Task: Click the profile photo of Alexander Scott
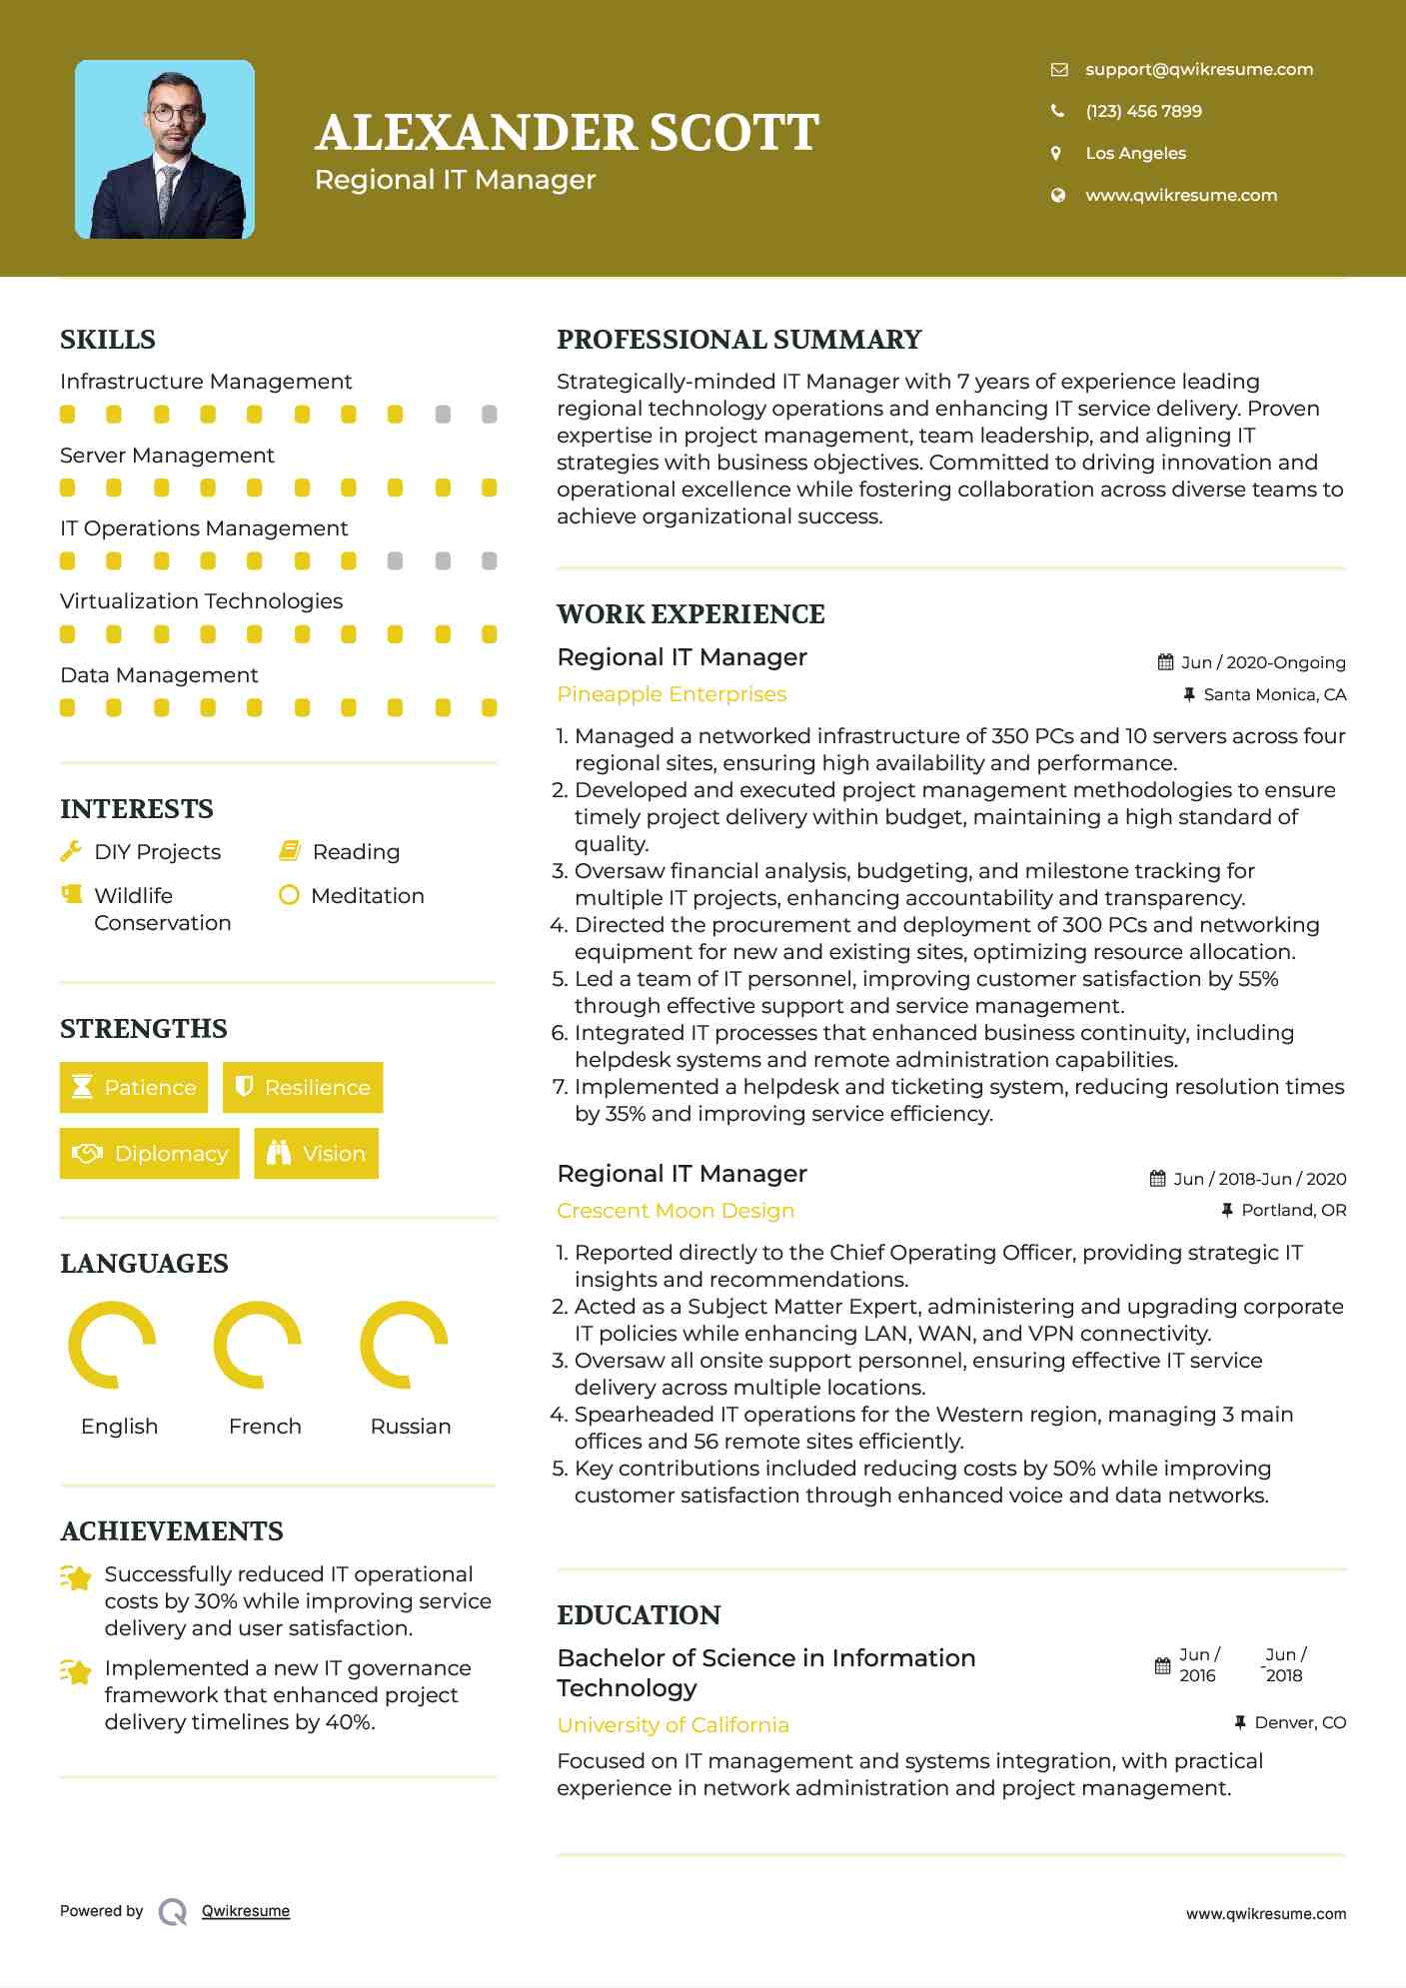click(x=165, y=150)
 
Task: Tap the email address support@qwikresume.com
click(x=1198, y=69)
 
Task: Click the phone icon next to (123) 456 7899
click(x=1057, y=111)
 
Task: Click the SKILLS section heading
click(x=108, y=340)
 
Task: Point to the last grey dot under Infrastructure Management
click(x=489, y=415)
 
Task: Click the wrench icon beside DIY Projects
click(x=70, y=852)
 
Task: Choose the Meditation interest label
click(x=367, y=896)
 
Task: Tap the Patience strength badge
click(x=134, y=1087)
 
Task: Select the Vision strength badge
click(x=316, y=1153)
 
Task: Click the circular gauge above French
click(x=258, y=1345)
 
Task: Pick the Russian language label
click(x=410, y=1427)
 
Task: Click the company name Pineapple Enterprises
click(x=672, y=694)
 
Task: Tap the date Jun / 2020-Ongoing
click(x=1262, y=662)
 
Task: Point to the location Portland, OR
click(x=1293, y=1210)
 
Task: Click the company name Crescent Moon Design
click(x=676, y=1211)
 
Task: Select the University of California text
click(x=673, y=1725)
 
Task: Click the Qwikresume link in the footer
click(x=246, y=1911)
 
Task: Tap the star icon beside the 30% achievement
click(x=76, y=1577)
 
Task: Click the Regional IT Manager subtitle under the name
click(x=455, y=180)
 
